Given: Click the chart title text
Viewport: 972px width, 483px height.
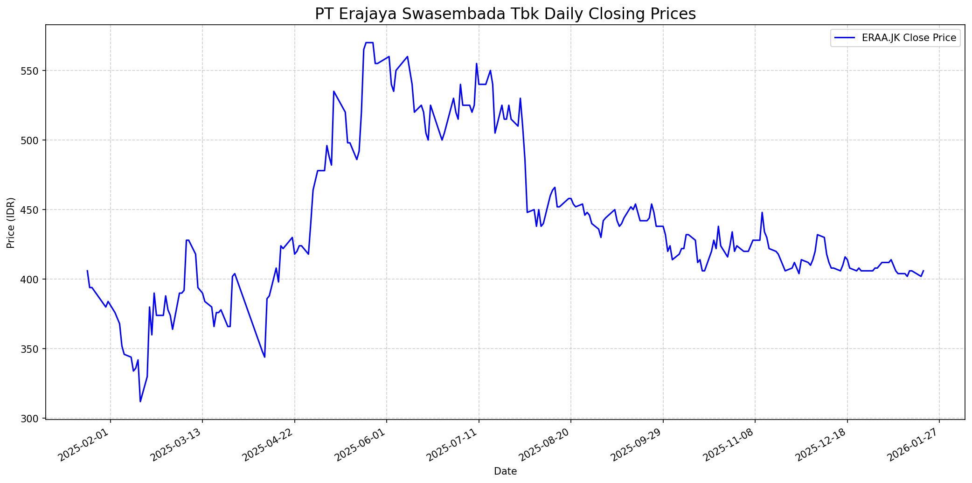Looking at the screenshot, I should coord(505,14).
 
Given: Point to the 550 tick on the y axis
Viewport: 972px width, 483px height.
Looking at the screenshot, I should coord(34,71).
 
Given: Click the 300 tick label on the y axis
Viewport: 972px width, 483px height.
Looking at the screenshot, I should coord(34,419).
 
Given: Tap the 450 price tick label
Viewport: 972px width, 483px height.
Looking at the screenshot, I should coord(34,210).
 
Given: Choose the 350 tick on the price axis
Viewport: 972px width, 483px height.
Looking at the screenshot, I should coord(34,349).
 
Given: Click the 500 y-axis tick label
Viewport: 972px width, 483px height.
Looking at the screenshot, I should coord(34,140).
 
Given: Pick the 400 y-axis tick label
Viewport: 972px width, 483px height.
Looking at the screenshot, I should coord(34,280).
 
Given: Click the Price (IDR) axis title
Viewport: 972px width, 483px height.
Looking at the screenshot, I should coord(11,223).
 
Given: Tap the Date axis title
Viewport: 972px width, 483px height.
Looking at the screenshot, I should coord(505,472).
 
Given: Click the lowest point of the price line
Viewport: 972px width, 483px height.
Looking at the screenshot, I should coord(140,401).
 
